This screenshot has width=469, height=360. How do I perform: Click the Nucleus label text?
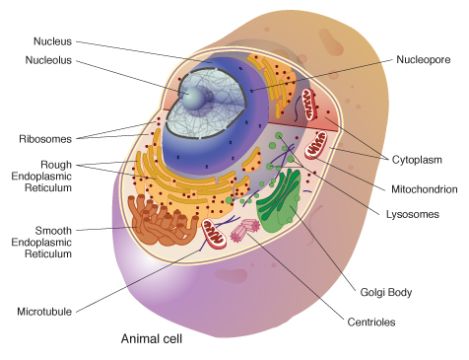tap(52, 41)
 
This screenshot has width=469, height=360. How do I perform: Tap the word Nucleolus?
tap(48, 60)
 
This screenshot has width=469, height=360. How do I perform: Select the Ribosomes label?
tap(45, 139)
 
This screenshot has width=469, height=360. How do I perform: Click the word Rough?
tap(56, 165)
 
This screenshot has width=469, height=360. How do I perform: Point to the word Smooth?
tap(53, 231)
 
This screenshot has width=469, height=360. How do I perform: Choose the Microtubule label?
tap(44, 312)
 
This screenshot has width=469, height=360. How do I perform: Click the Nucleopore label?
tap(424, 59)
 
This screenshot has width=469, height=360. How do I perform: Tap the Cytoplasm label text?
tap(417, 160)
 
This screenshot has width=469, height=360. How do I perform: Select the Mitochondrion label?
tap(425, 189)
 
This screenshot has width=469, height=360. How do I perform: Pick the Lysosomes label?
tap(413, 214)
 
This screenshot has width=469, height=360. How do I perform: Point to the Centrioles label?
tap(371, 322)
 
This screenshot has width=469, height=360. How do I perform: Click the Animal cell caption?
tap(152, 338)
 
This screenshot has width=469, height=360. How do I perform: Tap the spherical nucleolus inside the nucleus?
tap(194, 99)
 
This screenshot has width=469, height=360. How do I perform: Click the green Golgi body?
tap(279, 199)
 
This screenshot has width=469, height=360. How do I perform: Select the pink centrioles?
tap(245, 230)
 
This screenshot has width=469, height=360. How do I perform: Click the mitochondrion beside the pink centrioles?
tap(214, 234)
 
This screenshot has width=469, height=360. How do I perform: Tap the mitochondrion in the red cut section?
tap(309, 105)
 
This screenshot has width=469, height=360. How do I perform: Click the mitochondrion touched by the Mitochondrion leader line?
tap(316, 145)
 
